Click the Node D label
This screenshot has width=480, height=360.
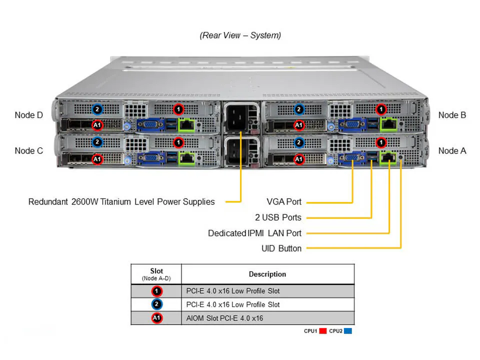[28, 115]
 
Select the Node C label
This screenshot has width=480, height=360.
[28, 150]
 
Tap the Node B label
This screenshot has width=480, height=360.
[452, 115]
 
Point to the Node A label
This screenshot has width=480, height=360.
[452, 150]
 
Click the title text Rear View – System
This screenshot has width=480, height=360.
[240, 35]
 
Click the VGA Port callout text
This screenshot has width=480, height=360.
[284, 202]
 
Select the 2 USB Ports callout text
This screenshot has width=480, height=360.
[278, 217]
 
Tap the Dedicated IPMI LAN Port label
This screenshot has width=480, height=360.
[254, 233]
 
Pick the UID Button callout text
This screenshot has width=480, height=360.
[281, 248]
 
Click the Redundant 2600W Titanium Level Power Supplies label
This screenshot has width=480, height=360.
[121, 202]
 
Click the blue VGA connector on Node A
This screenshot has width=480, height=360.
[352, 159]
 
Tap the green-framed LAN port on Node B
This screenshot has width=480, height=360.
[388, 124]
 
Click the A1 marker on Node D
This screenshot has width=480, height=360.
[98, 125]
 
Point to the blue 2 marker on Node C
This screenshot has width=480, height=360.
[98, 142]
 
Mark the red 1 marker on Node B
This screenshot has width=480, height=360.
[381, 109]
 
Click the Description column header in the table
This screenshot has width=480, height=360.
[267, 274]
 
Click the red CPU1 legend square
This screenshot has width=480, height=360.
[323, 331]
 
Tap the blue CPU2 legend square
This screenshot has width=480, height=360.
[348, 331]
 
